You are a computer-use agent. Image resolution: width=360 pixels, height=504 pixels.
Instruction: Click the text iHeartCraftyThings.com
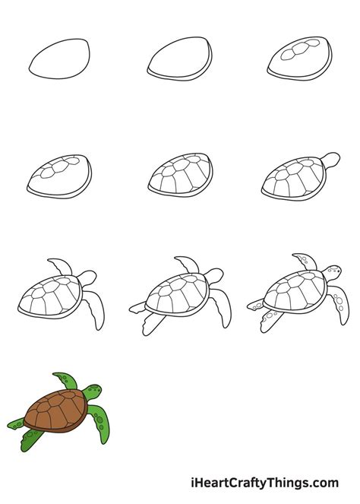click(x=266, y=483)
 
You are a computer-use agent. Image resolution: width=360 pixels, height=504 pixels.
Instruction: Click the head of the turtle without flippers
click(x=329, y=160)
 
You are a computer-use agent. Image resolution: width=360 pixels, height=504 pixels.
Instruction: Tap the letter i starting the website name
click(x=195, y=483)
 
